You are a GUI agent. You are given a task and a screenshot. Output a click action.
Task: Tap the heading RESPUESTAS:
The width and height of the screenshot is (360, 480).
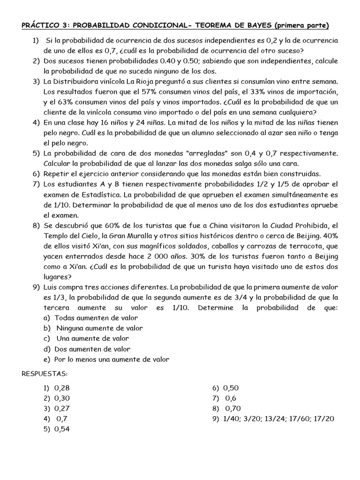(x=45, y=373)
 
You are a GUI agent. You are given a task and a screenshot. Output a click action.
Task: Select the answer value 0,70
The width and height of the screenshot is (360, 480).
(x=233, y=408)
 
